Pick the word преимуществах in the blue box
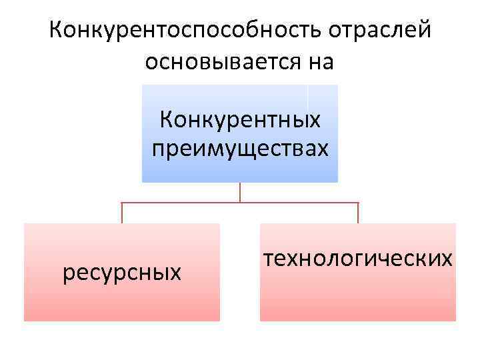coord(240,148)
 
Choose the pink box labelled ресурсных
coord(122,300)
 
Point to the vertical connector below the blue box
coord(240,192)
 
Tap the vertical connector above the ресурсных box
coord(121,213)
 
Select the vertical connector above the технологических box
coord(358,213)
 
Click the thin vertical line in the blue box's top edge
coord(307,96)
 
